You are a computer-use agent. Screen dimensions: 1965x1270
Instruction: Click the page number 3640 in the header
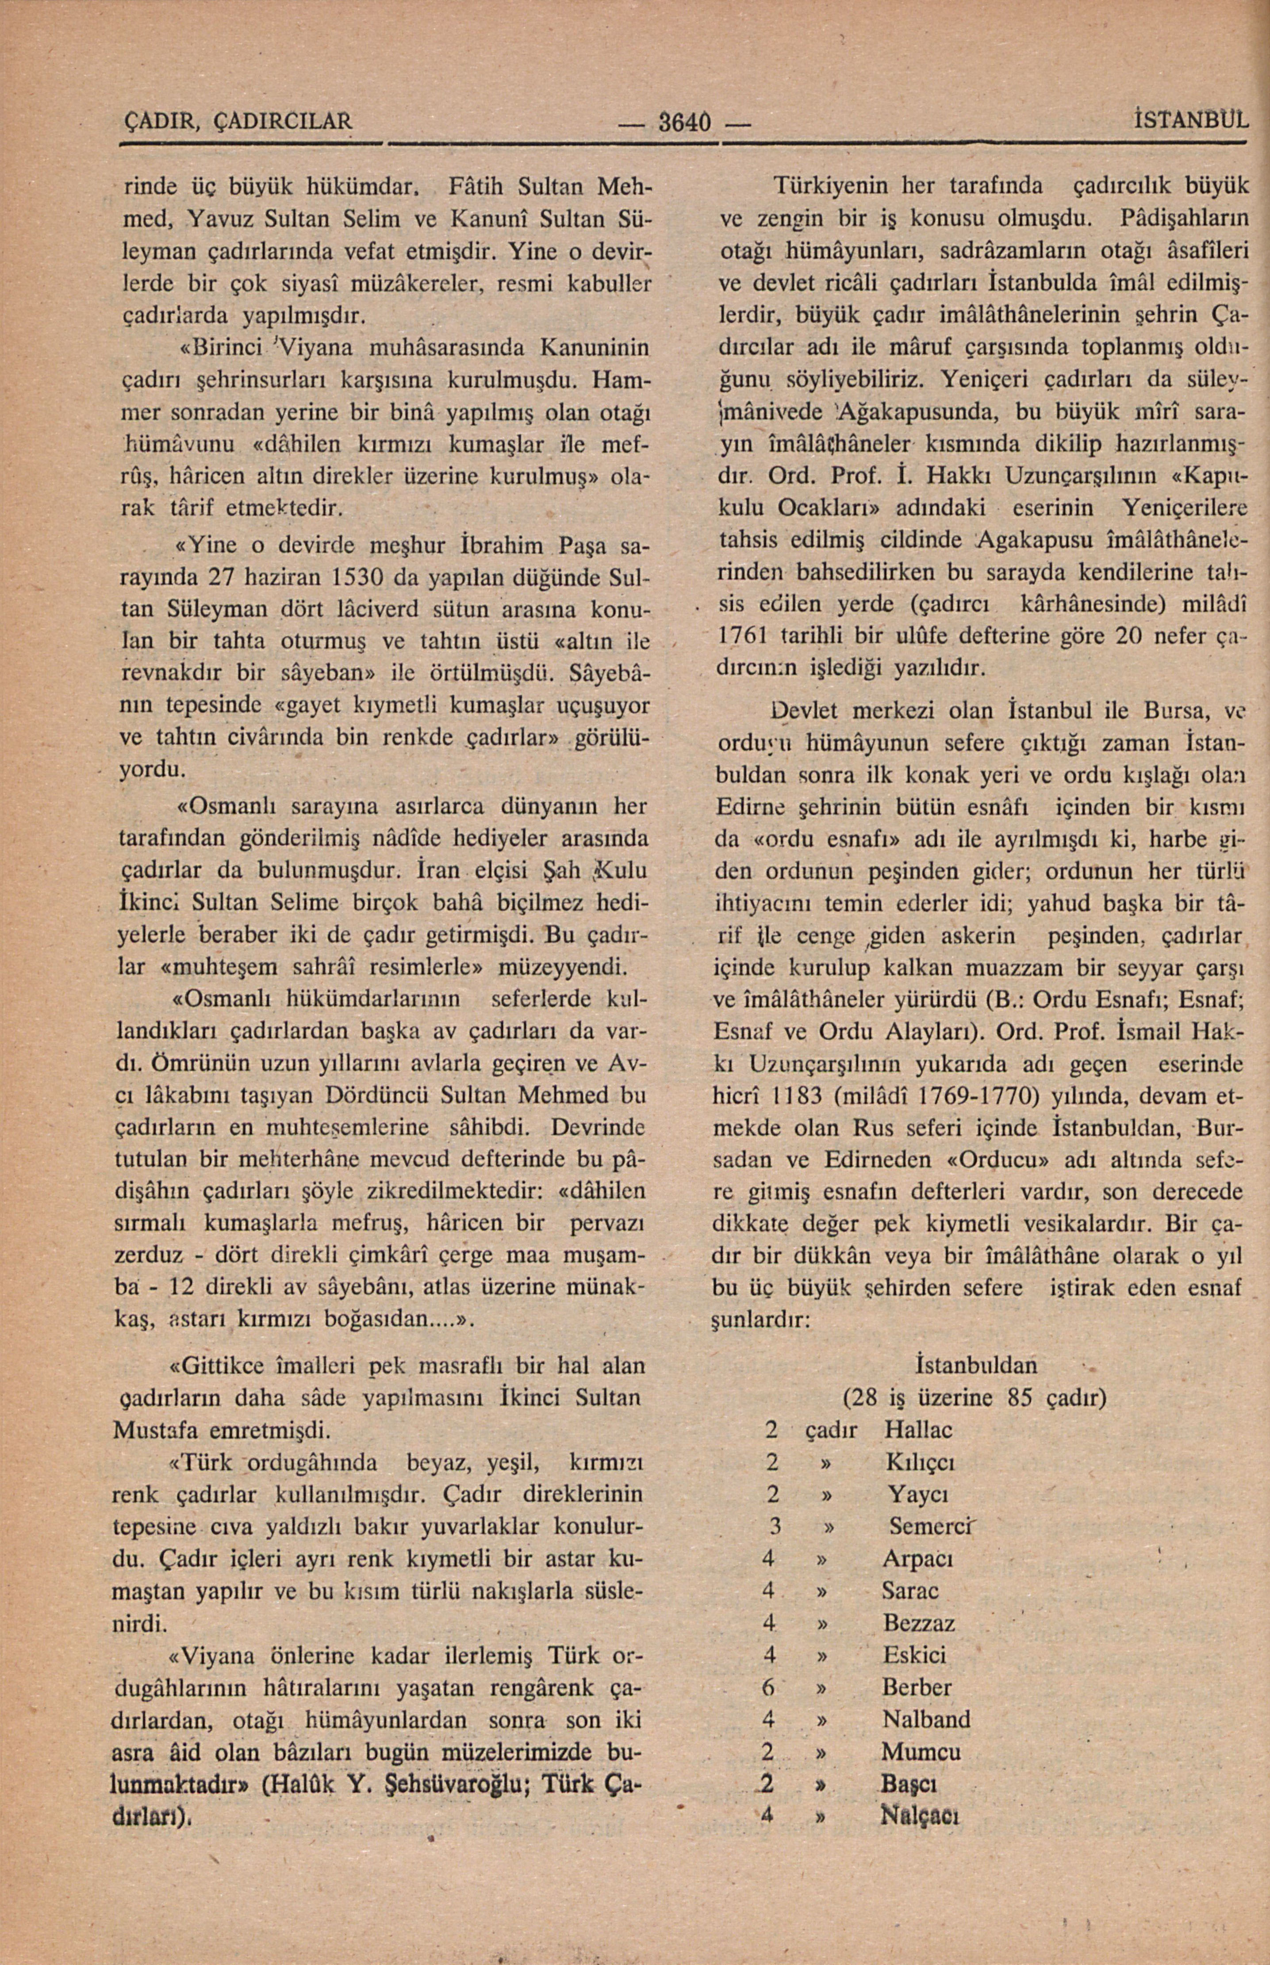(x=684, y=124)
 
